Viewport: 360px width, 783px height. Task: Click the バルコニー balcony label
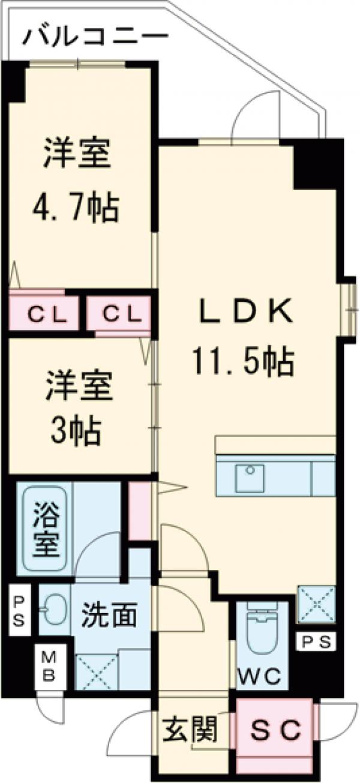point(95,38)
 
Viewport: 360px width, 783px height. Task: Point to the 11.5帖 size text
point(243,361)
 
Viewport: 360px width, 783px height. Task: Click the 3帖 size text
point(76,428)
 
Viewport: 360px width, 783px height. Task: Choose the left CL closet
point(44,313)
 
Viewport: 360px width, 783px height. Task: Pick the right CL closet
point(118,313)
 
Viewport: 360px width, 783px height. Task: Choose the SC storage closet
point(274,730)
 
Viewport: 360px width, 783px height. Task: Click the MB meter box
point(49,666)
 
